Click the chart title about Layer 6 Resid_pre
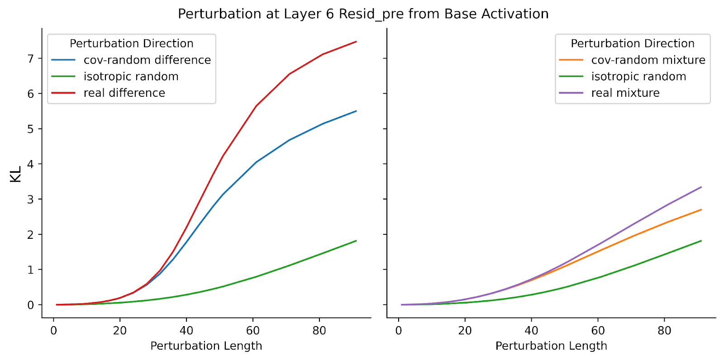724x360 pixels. point(363,14)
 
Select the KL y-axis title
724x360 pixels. point(15,174)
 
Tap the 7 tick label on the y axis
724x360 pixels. point(31,58)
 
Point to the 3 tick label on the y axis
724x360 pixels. point(31,199)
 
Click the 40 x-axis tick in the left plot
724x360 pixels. point(186,331)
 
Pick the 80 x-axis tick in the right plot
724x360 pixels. point(664,331)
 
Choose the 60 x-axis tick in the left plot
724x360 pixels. point(253,331)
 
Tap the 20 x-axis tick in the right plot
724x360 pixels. point(465,331)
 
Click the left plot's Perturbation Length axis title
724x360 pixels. point(206,346)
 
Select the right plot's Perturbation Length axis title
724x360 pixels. point(552,346)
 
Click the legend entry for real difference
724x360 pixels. point(124,93)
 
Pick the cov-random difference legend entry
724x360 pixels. point(148,60)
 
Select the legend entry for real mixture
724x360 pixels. point(625,93)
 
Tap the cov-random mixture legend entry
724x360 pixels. point(648,60)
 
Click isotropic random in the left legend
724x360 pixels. point(131,76)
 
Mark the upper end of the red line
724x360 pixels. point(356,41)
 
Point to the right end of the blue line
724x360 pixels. point(356,111)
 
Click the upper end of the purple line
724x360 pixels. point(701,187)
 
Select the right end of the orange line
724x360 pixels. point(701,210)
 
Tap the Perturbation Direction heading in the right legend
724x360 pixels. point(633,43)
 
